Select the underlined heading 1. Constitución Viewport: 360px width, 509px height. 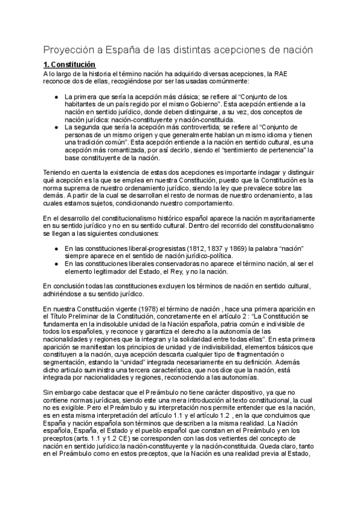[69, 64]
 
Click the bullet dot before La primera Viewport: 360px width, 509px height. [56, 96]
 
